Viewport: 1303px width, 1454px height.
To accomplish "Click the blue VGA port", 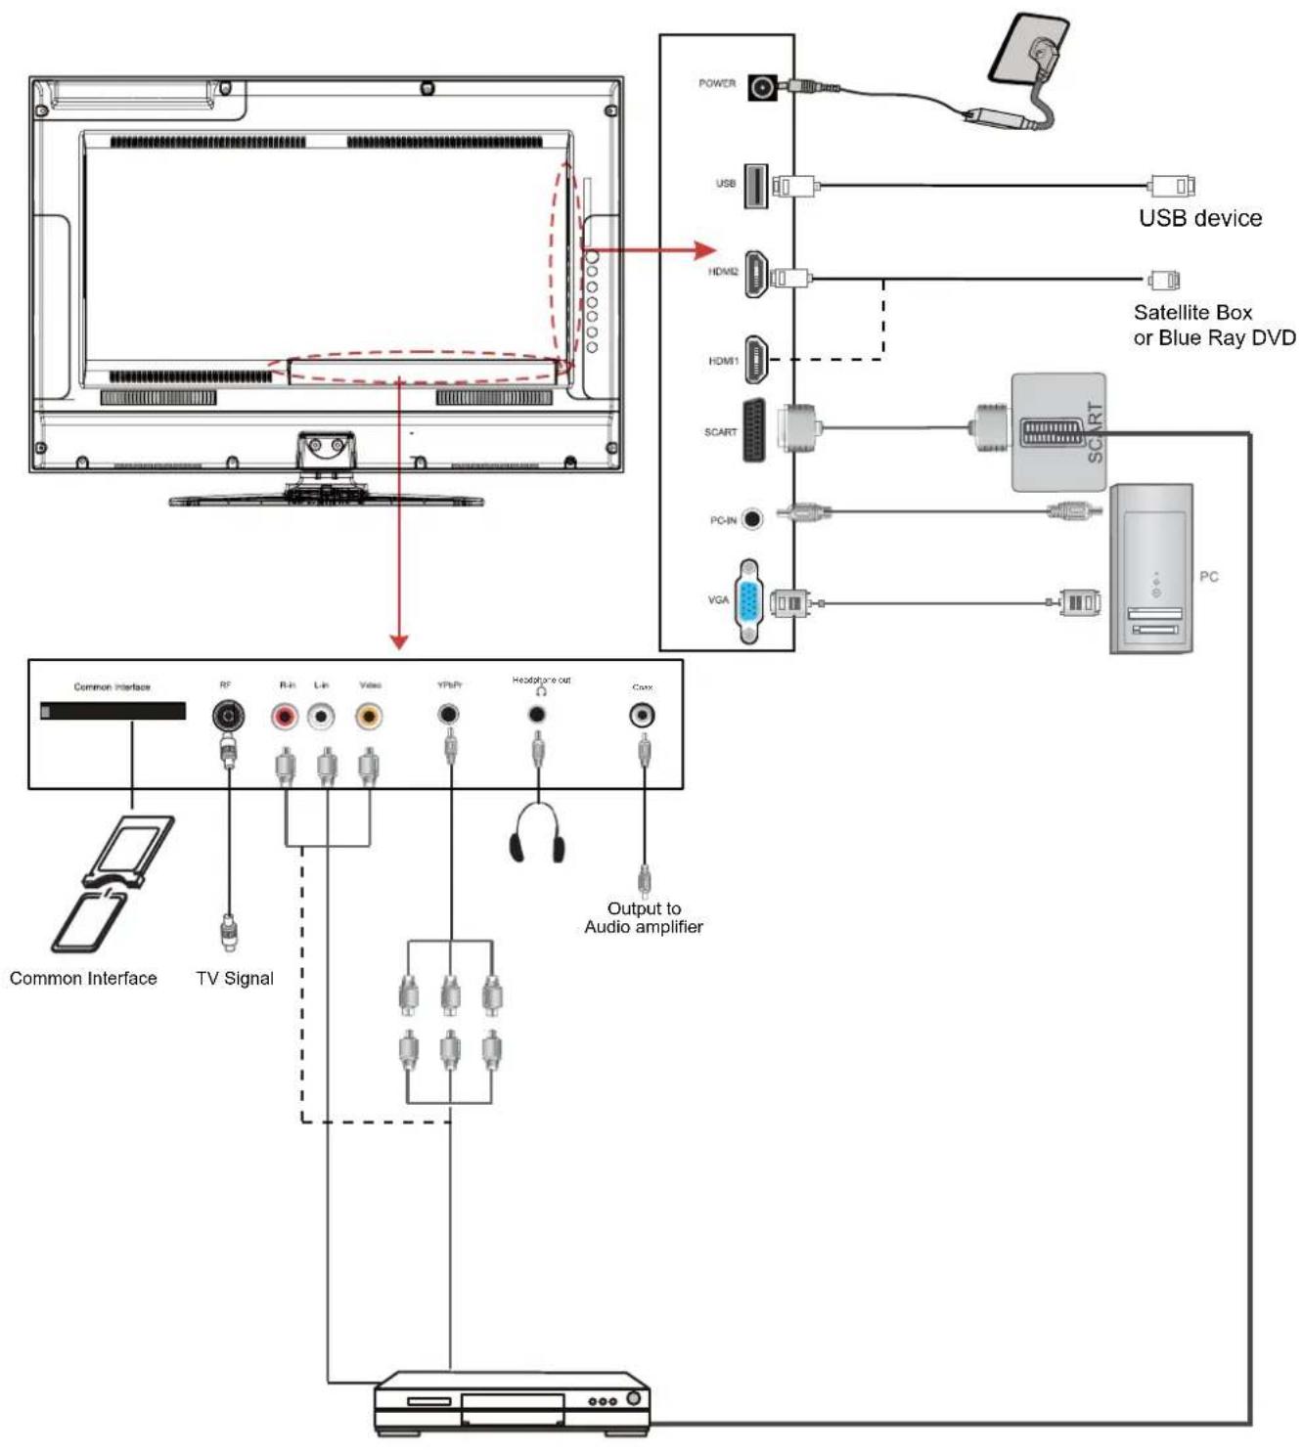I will [749, 600].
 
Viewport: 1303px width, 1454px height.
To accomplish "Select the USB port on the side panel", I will [755, 186].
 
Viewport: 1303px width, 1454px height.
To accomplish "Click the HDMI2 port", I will [756, 274].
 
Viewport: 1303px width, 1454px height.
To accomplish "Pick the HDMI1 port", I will [756, 360].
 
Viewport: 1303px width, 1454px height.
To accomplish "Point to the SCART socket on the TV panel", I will [754, 430].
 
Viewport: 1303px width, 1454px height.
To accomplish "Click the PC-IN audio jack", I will [751, 519].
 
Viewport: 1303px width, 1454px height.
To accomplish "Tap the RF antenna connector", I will [228, 717].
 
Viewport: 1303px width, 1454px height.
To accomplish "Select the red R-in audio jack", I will [285, 718].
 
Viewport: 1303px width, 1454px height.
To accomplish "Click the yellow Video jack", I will [369, 718].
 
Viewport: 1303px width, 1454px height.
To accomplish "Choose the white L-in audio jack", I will [321, 718].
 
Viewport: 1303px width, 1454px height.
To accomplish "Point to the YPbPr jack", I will [448, 715].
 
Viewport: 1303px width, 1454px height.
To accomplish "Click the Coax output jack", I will [642, 716].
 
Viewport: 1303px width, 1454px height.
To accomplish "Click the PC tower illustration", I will [1150, 569].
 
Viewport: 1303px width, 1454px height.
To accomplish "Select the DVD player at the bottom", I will [513, 1403].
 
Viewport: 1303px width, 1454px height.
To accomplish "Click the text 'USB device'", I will [1199, 218].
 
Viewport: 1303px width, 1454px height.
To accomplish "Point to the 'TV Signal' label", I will [235, 979].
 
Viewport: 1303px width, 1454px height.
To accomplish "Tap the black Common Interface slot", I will [112, 711].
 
